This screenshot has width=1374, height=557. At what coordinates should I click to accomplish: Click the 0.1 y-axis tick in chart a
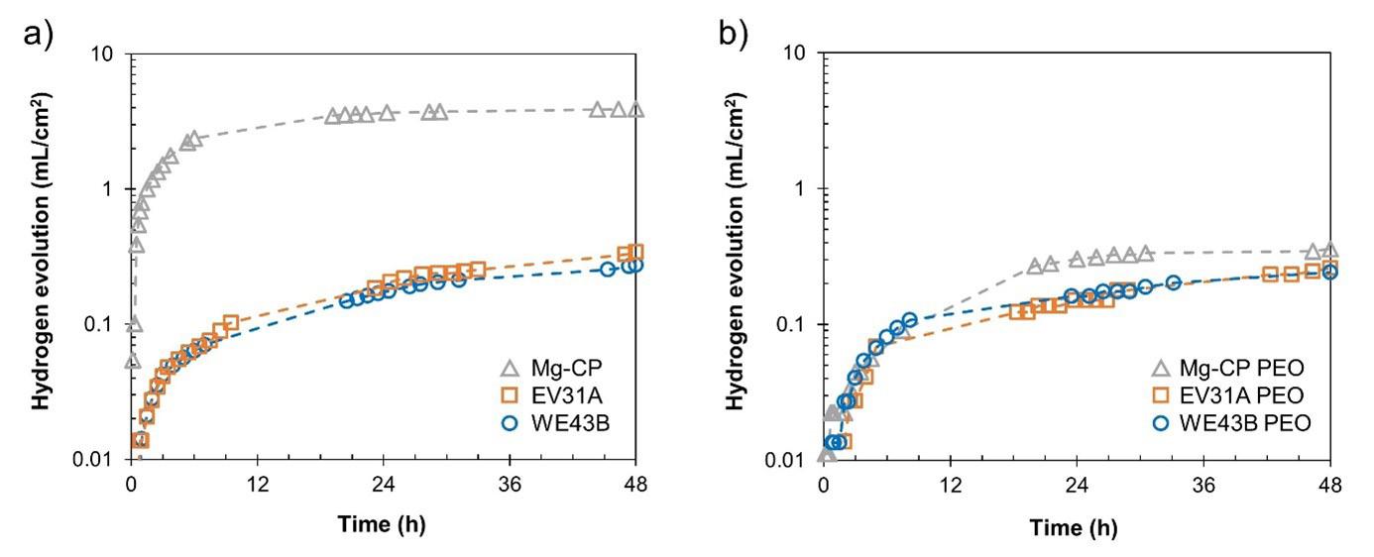[101, 325]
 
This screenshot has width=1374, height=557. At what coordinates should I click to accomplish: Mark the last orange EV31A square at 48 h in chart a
[635, 253]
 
